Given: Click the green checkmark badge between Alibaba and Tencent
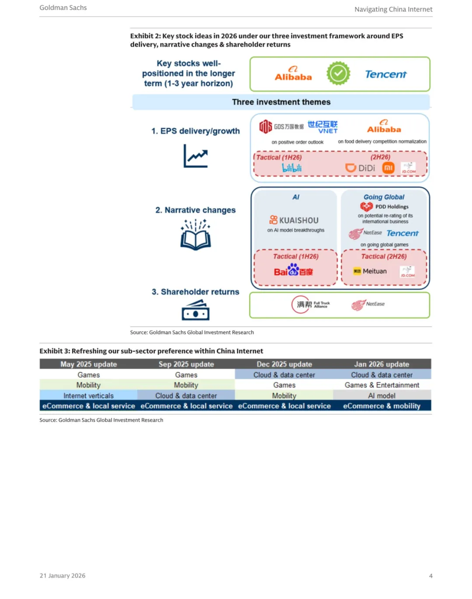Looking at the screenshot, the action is click(x=338, y=74).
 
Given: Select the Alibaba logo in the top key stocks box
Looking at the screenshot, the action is click(x=293, y=74).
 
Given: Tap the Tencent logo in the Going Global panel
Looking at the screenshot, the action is click(x=403, y=233).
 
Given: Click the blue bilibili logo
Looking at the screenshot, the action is click(x=292, y=168).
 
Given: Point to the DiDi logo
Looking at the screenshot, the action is click(x=360, y=168).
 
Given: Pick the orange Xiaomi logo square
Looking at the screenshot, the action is click(x=389, y=168).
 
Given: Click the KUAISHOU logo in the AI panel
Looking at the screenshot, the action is click(x=294, y=220).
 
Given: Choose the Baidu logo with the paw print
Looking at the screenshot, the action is click(x=293, y=270).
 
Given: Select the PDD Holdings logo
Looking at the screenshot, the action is click(x=384, y=207).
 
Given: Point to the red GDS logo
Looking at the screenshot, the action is click(x=266, y=126).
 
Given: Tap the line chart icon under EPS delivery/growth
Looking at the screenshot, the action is click(x=195, y=156).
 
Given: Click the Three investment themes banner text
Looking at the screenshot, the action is click(x=281, y=102).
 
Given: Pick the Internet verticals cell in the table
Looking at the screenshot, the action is click(x=88, y=396).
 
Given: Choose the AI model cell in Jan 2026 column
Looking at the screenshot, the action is click(x=382, y=396).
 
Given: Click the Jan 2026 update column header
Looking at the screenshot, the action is click(x=382, y=364).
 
